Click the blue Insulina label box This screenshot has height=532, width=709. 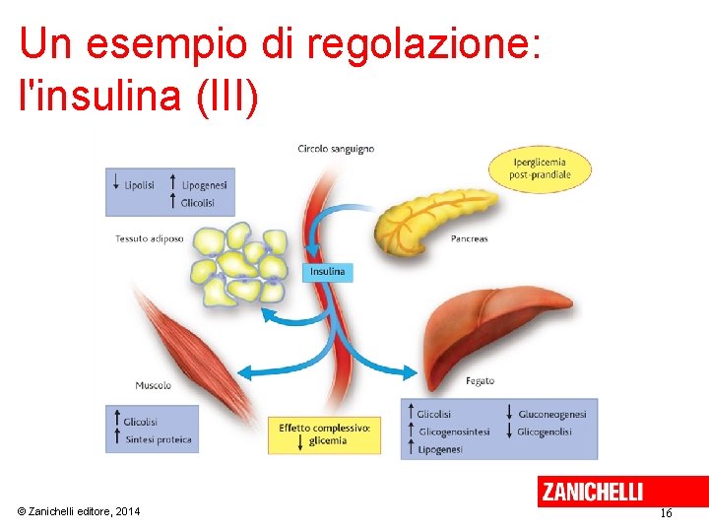tap(328, 272)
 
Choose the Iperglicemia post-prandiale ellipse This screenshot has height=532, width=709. tap(541, 168)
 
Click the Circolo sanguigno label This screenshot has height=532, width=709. tap(336, 149)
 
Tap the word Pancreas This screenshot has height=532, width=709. tap(469, 238)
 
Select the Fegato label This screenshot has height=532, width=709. tap(480, 381)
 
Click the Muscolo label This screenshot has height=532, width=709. tap(154, 385)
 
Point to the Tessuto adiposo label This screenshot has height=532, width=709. tap(150, 238)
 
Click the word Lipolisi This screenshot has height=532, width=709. tap(140, 184)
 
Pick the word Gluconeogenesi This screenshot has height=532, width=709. tap(552, 415)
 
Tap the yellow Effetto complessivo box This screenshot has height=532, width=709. tap(324, 434)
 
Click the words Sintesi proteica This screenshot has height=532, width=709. tap(159, 439)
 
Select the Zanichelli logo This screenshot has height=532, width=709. tap(592, 491)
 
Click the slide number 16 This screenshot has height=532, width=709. tap(666, 513)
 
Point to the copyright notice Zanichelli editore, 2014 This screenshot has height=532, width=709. tap(79, 511)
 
